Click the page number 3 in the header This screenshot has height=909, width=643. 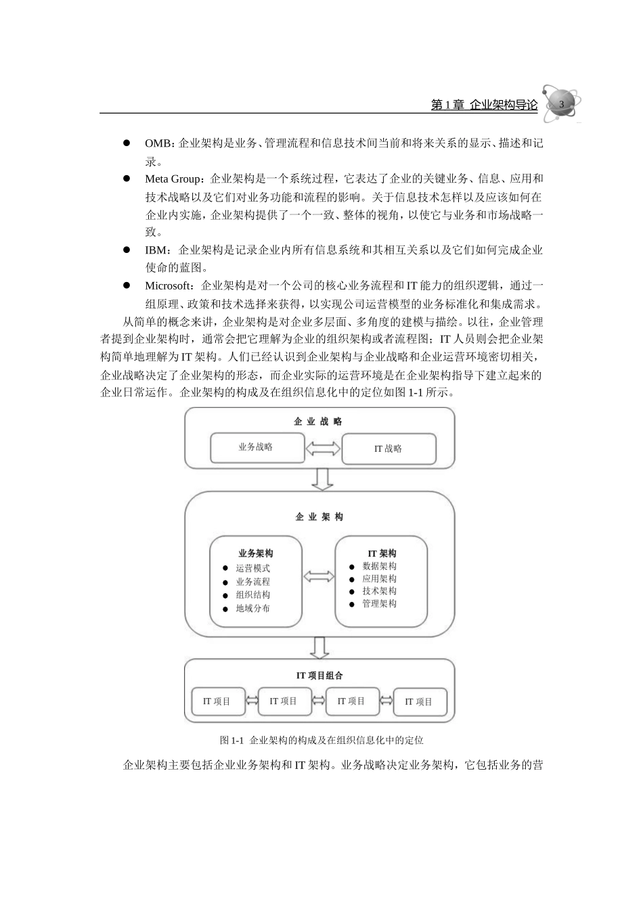[561, 103]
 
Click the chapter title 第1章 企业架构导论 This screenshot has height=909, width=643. [484, 105]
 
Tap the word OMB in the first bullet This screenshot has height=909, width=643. [158, 143]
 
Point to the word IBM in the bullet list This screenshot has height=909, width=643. [156, 250]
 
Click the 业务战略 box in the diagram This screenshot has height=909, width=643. [255, 447]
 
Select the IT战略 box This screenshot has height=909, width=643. [389, 448]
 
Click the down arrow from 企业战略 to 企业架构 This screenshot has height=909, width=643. [321, 478]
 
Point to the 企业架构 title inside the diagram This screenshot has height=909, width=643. [319, 517]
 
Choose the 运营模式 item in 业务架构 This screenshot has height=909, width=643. [252, 569]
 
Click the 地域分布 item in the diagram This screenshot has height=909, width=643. [252, 608]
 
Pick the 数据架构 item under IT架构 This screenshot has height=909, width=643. [379, 566]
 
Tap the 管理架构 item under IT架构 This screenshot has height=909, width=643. [379, 603]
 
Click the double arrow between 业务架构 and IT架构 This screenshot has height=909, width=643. [318, 576]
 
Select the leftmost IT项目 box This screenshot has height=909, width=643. [217, 701]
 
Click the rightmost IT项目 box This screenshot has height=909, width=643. [419, 702]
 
